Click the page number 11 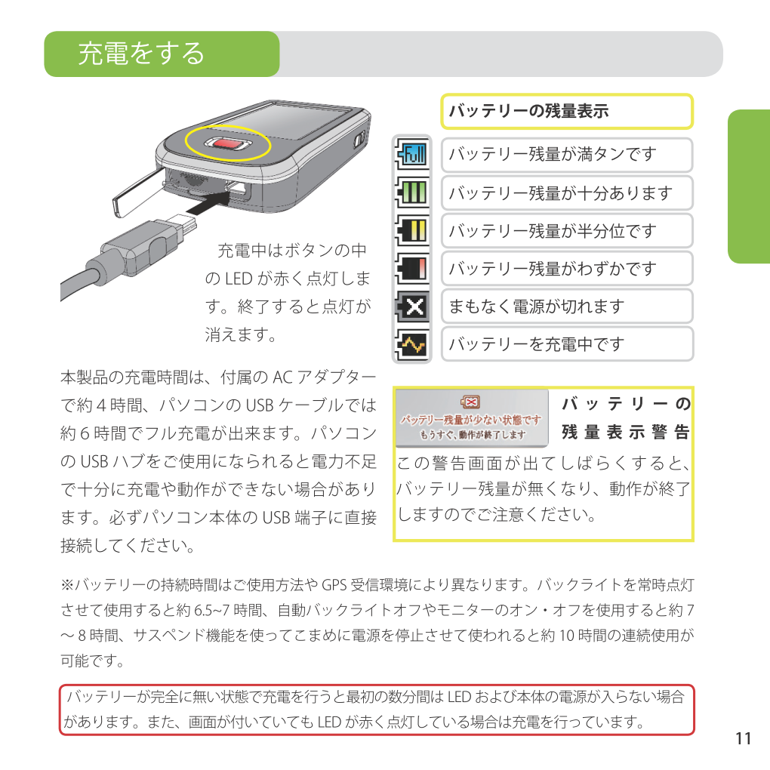[x=744, y=738]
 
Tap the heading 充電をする [x=141, y=54]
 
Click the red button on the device [x=228, y=144]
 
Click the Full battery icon [x=412, y=154]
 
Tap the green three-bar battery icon [x=412, y=192]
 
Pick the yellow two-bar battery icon [x=412, y=230]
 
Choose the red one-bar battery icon [x=412, y=268]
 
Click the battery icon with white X [x=412, y=306]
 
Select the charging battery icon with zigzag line [x=412, y=344]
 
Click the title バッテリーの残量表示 [x=529, y=111]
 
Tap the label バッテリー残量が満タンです [x=553, y=154]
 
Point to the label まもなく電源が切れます [x=537, y=306]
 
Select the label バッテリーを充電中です [x=537, y=344]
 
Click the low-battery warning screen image [x=471, y=418]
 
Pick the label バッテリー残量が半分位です [x=553, y=230]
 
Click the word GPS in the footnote [x=334, y=585]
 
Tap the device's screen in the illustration [x=290, y=120]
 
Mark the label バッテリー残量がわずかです [x=553, y=268]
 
